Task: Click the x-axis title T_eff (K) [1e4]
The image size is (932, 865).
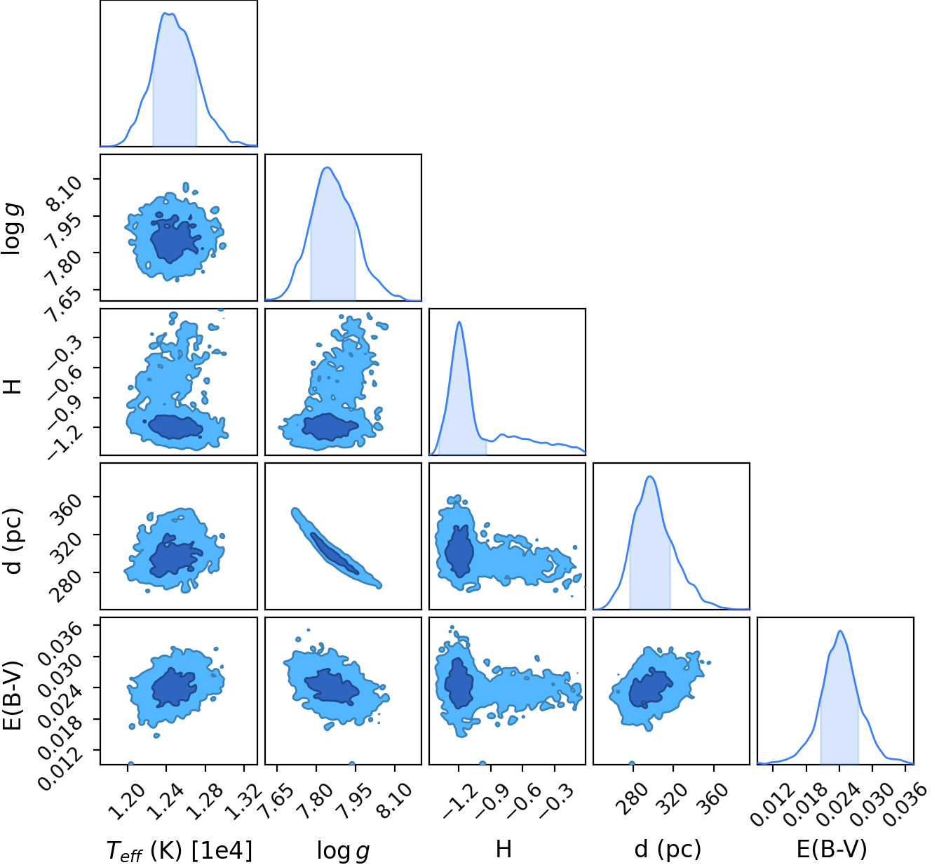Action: [180, 850]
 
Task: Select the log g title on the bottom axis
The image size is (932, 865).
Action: [343, 850]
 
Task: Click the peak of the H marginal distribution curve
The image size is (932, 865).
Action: [459, 322]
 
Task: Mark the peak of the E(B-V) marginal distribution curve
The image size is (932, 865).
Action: [840, 631]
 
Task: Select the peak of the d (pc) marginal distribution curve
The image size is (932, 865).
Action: [650, 476]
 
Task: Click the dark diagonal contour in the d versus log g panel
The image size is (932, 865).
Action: [334, 554]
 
